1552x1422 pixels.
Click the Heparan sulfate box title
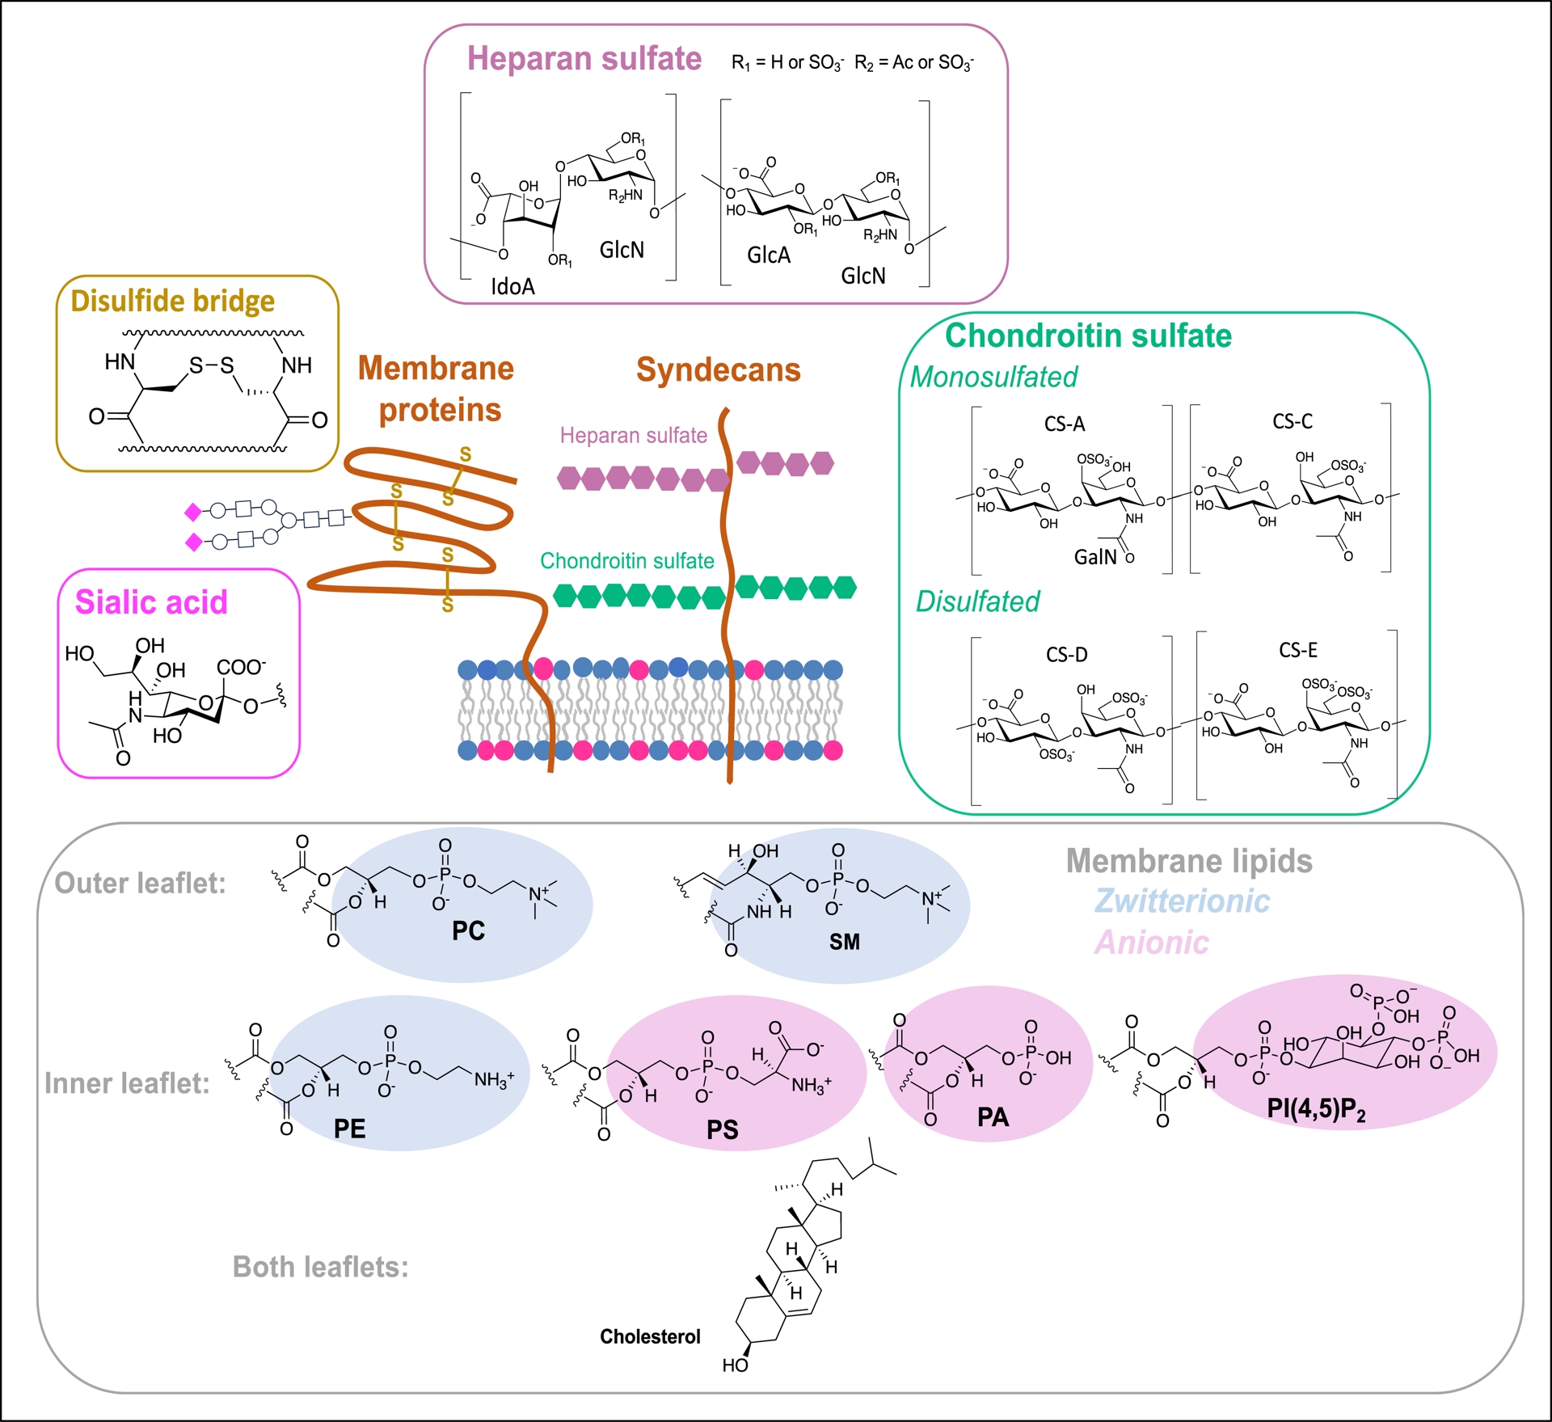click(584, 59)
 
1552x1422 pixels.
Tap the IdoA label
click(512, 286)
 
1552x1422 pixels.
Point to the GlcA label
click(768, 255)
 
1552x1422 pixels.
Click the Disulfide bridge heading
click(172, 301)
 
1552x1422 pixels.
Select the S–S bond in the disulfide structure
click(211, 365)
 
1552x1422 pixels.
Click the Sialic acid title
click(151, 602)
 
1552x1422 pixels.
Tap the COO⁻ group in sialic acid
click(241, 667)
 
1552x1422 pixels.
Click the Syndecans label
click(718, 369)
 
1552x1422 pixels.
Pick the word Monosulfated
click(993, 377)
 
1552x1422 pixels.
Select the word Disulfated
click(977, 601)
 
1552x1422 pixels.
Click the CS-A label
click(1064, 424)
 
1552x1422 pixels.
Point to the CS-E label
click(1297, 650)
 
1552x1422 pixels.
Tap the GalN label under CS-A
click(1094, 557)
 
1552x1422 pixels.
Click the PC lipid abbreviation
click(468, 930)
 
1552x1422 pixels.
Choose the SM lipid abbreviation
click(844, 942)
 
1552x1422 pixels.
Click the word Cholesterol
click(650, 1336)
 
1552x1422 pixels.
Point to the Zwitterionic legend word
click(1182, 901)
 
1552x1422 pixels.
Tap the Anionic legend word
click(1151, 943)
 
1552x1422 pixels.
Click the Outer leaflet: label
click(140, 883)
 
